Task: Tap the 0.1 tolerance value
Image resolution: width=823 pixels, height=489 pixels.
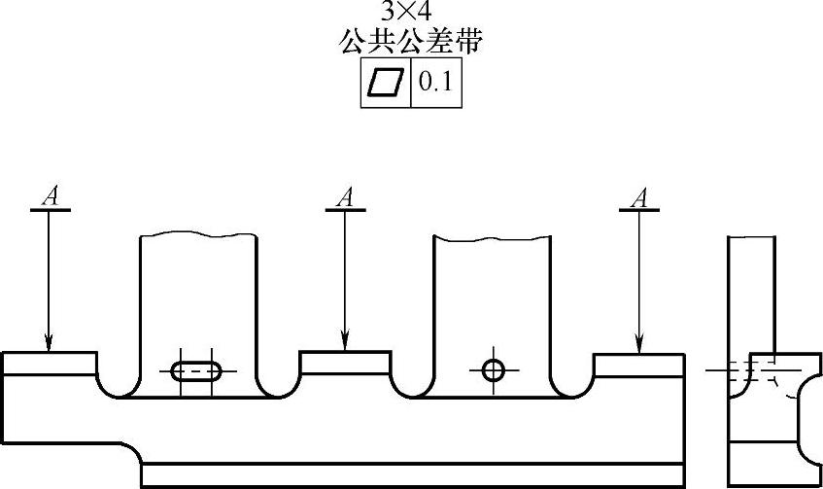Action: [x=434, y=84]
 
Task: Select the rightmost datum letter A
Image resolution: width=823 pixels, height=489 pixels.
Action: [x=638, y=196]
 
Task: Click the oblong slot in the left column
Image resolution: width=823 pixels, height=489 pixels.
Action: [x=196, y=370]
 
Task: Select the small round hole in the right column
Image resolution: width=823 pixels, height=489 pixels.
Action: [x=494, y=370]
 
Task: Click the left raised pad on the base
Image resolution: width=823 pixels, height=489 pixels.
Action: [x=50, y=363]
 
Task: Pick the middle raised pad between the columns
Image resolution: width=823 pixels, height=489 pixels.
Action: [x=345, y=363]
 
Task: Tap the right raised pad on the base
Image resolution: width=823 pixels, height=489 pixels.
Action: [x=638, y=365]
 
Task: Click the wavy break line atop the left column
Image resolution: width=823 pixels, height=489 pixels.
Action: [x=199, y=234]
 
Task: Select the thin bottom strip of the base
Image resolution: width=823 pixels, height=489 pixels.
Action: [x=413, y=475]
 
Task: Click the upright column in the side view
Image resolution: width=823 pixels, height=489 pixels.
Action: [x=752, y=292]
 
